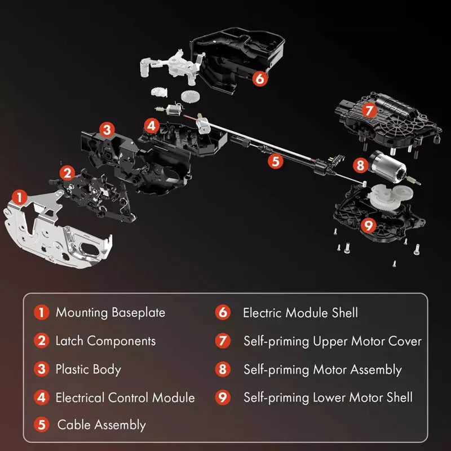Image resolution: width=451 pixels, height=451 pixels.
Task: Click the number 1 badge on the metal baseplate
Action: pos(20,198)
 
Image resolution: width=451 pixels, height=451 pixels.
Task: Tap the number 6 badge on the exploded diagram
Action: pos(260,78)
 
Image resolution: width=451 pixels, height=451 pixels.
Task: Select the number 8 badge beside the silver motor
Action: pos(360,165)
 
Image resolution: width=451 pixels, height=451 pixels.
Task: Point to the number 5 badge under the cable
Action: pos(276,161)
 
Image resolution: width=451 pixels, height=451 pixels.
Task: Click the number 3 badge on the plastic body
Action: pos(107,130)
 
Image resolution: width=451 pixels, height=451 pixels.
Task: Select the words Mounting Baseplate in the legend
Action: pos(110,313)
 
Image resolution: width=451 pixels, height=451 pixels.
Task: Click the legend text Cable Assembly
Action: pos(101,425)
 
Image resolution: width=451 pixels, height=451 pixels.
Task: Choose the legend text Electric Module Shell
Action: pos(300,313)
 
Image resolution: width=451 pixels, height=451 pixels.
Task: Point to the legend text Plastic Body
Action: pos(89,369)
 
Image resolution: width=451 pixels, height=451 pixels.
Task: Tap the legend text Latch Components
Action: pos(105,341)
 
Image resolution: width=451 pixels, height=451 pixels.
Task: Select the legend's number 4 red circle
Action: pos(41,397)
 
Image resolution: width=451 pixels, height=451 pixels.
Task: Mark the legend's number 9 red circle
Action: pos(223,397)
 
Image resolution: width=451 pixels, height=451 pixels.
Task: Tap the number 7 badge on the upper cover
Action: pos(369,110)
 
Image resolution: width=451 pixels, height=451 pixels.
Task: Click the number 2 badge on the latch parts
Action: pos(67,173)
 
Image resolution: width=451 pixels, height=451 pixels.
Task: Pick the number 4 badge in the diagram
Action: pos(152,126)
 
